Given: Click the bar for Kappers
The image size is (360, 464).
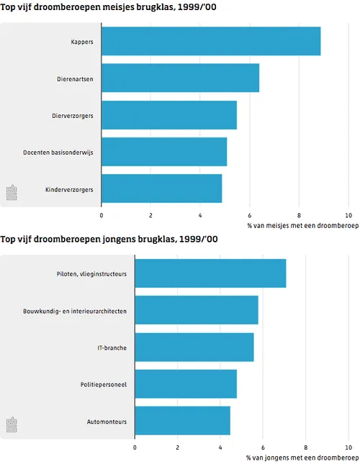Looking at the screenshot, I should tap(211, 41).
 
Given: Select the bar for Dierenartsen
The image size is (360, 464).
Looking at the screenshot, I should tap(180, 78).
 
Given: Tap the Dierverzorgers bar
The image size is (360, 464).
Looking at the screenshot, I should tap(169, 115).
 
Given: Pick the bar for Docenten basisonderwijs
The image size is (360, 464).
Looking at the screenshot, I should tap(164, 152).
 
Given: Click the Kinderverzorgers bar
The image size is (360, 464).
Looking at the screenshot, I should tap(161, 188).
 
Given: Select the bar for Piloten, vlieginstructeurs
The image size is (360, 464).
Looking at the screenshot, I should tap(210, 273).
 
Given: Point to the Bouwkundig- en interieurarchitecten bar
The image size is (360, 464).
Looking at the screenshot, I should tap(197, 310).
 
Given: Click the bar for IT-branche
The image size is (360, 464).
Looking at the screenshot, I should tap(194, 347).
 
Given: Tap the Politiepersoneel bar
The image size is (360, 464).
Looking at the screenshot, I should tap(186, 384).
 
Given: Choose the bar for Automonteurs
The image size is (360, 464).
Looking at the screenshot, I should tap(183, 421).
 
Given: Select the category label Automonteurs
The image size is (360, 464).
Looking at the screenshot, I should tap(107, 422).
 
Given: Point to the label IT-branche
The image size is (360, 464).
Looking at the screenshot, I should tap(112, 347).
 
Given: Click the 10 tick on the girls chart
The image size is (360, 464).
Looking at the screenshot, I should tap(348, 214).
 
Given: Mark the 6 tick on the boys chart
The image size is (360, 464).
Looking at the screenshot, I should tap(263, 447).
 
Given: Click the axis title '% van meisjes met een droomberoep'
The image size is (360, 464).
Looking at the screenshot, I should tap(302, 225).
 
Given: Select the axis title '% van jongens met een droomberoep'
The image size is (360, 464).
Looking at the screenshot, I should tap(302, 458).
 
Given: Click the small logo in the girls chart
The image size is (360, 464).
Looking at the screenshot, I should tap(12, 193).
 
